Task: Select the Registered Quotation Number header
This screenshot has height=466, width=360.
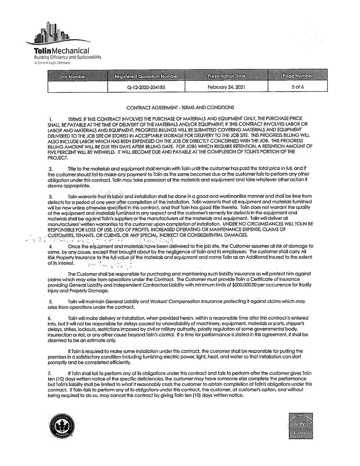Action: [x=146, y=76]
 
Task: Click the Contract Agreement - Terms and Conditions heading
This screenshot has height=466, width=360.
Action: [x=180, y=108]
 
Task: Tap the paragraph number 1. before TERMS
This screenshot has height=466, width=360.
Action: [x=51, y=118]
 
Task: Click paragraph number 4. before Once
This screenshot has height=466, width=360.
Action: [x=51, y=246]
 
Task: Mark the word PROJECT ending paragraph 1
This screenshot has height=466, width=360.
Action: [x=58, y=158]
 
